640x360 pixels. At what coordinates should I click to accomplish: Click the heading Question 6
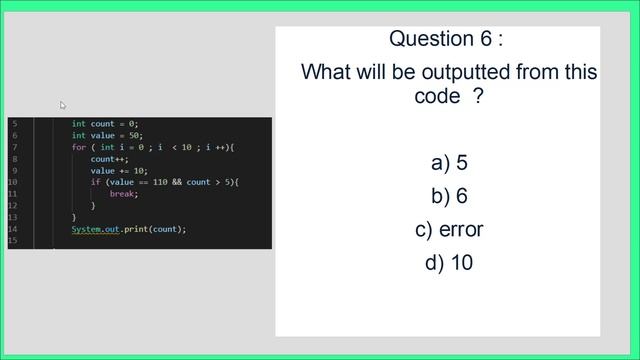445,39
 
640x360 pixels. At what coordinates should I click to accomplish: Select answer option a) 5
449,162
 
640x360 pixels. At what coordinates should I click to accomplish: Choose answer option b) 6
449,196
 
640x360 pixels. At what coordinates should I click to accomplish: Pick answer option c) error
449,229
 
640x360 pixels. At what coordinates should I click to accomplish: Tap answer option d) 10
449,263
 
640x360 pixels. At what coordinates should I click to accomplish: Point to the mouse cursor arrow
62,105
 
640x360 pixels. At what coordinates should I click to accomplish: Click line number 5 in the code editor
14,124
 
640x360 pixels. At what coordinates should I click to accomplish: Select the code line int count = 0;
105,124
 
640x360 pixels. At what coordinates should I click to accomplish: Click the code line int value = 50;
108,136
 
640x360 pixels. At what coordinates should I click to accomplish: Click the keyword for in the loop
78,147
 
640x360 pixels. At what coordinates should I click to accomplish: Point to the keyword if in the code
95,182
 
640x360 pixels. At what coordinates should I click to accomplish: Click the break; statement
124,194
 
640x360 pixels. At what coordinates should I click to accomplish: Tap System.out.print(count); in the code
128,229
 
